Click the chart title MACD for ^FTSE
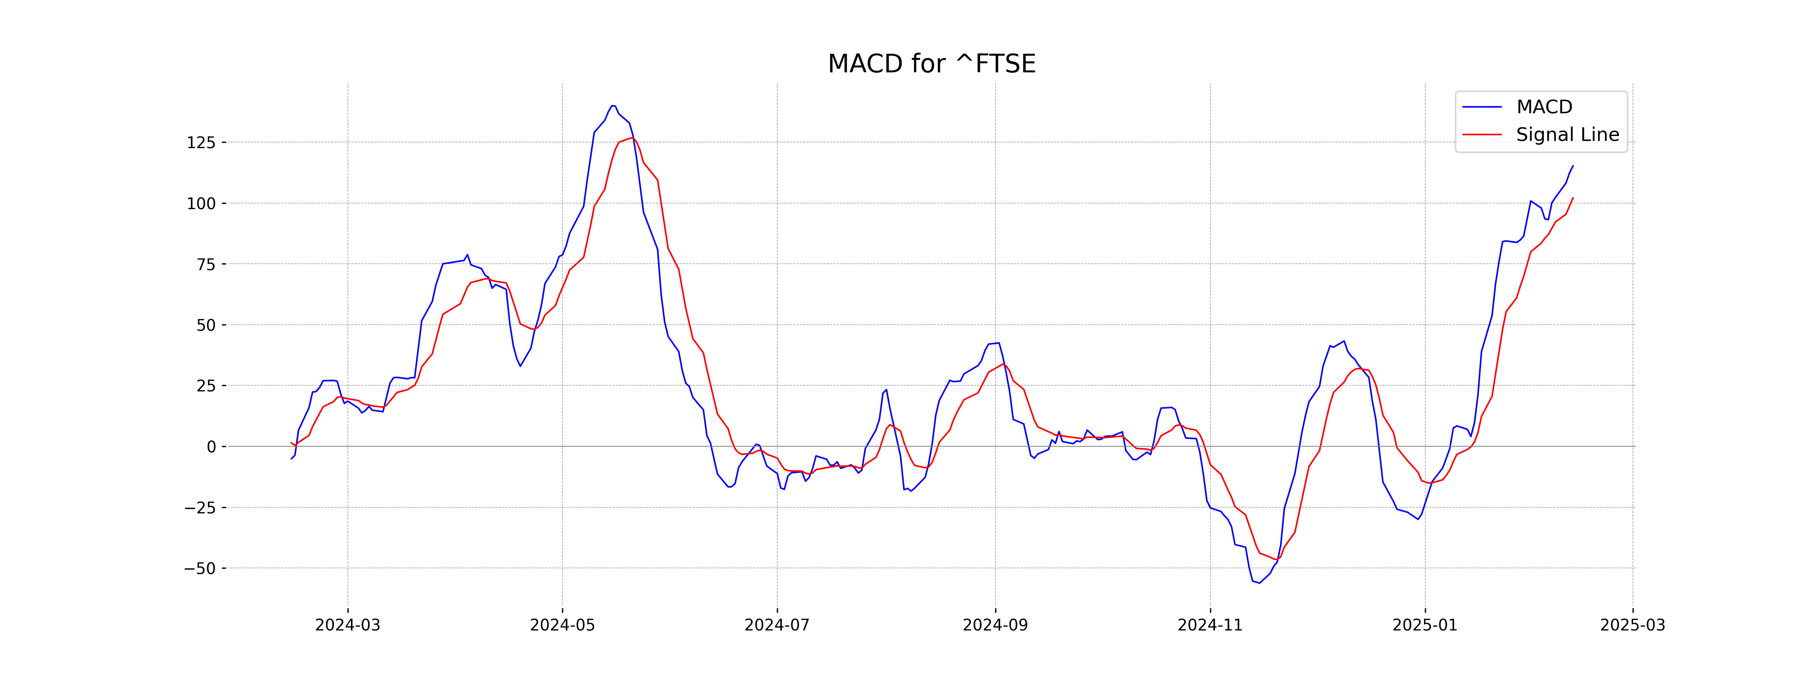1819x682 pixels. tap(931, 64)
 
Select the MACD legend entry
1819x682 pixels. tap(1543, 107)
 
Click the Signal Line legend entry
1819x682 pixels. tap(1567, 135)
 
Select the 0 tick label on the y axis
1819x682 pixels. tap(211, 447)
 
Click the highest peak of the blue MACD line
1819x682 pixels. tap(613, 106)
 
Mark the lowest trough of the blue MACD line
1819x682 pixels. tap(1259, 583)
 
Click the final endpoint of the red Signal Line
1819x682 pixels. tap(1573, 199)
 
